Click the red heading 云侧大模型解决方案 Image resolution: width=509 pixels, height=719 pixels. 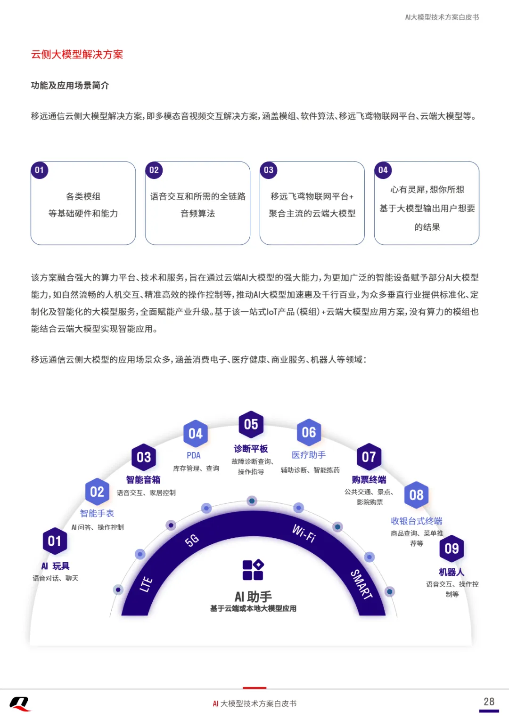pos(77,55)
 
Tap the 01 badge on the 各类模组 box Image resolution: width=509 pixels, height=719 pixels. pos(40,170)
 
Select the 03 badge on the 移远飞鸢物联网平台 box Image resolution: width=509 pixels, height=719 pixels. pos(269,170)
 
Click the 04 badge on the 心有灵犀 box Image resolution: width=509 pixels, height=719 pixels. pos(383,170)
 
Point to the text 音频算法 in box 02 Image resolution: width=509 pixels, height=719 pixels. pos(197,214)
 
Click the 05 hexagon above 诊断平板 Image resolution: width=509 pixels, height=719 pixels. pos(251,424)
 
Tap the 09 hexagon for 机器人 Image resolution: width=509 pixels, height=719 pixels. pos(452,549)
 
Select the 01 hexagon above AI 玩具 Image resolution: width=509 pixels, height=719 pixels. pos(55,541)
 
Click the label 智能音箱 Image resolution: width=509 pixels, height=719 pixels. pos(143,480)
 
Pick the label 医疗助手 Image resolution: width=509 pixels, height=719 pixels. pos(309,455)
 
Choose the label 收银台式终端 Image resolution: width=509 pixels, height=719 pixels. pos(417,521)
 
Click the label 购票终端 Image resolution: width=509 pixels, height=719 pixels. pos(369,480)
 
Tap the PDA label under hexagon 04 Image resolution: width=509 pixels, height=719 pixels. pos(194,455)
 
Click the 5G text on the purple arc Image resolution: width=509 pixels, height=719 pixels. pos(192,540)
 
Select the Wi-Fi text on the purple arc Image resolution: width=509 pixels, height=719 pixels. pos(304,533)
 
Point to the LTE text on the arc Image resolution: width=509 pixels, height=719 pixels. pos(146,584)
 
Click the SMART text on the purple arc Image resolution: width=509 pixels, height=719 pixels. pos(361,584)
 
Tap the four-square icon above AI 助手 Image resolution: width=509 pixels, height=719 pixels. pos(253,570)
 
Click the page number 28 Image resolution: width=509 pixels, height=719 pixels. pos(489,702)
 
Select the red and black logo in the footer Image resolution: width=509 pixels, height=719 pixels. pos(20,704)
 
